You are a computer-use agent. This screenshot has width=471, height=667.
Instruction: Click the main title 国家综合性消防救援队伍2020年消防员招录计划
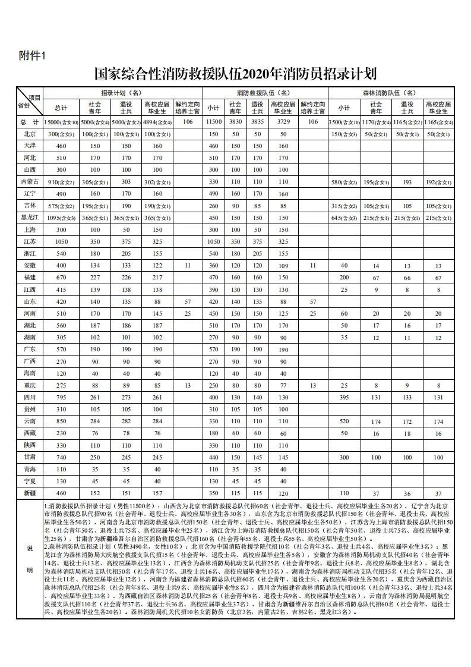click(236, 74)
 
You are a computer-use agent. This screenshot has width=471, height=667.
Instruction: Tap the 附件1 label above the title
click(32, 56)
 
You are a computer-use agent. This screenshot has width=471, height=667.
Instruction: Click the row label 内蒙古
click(30, 181)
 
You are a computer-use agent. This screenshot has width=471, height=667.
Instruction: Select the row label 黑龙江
click(30, 218)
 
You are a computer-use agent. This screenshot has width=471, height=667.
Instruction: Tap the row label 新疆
click(30, 493)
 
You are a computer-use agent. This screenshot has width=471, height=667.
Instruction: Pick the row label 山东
click(30, 301)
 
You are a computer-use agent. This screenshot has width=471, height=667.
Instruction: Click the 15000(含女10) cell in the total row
click(61, 122)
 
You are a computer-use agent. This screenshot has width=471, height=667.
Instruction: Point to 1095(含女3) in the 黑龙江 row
click(61, 218)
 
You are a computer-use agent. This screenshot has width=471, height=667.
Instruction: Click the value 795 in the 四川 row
click(61, 397)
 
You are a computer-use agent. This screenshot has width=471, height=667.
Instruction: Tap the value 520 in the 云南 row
click(344, 421)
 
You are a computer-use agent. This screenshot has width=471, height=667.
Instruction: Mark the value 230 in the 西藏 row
click(61, 433)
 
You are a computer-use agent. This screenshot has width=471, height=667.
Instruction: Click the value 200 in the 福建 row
click(344, 278)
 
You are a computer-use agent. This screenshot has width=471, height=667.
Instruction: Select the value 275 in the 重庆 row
click(61, 385)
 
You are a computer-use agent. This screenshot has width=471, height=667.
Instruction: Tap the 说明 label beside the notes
click(30, 559)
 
